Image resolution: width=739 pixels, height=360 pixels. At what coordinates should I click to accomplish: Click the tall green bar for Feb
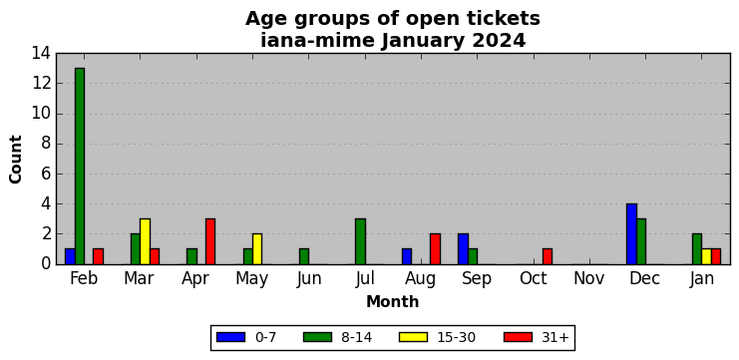(80, 166)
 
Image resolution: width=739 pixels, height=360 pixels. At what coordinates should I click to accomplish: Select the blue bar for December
(631, 233)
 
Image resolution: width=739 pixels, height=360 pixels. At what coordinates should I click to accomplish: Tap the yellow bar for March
(146, 241)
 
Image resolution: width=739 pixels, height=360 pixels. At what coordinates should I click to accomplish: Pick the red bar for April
(210, 241)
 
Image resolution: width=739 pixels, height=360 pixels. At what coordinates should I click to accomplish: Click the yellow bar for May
(257, 248)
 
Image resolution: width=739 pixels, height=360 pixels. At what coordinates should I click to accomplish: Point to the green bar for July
(360, 241)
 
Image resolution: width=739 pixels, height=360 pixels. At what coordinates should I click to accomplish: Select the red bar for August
(435, 248)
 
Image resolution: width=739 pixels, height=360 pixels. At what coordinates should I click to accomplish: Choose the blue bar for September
(463, 248)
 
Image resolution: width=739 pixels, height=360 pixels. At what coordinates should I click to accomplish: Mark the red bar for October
(548, 256)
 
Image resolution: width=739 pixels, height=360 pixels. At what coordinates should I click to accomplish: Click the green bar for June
(304, 256)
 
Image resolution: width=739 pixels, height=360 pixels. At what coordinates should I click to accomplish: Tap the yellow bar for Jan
(706, 256)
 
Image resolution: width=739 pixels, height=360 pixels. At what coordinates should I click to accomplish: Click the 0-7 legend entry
(246, 337)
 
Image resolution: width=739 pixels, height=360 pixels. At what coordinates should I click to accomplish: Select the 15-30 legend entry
(437, 337)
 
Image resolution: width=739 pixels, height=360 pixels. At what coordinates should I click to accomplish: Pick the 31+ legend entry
(537, 337)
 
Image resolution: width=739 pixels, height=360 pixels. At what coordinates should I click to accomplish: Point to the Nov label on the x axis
(589, 279)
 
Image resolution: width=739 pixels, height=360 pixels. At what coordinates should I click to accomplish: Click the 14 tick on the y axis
(41, 53)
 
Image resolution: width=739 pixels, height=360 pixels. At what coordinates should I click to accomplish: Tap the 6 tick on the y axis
(46, 174)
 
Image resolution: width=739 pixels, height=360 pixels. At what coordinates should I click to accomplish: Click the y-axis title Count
(16, 160)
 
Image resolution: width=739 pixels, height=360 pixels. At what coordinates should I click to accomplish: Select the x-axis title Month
(393, 301)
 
